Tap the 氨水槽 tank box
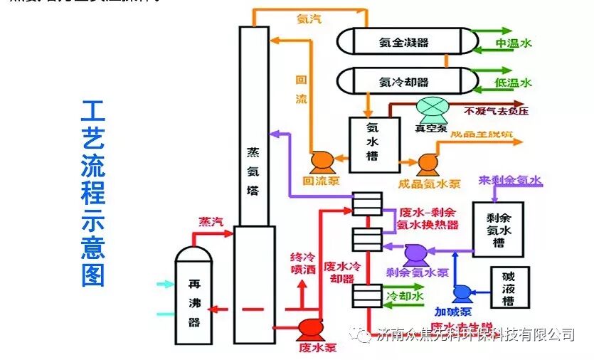(371, 142)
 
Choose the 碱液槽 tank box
(509, 289)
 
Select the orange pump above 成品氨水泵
(427, 164)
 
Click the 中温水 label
(513, 43)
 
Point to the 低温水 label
(513, 83)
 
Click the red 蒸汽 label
(211, 221)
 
